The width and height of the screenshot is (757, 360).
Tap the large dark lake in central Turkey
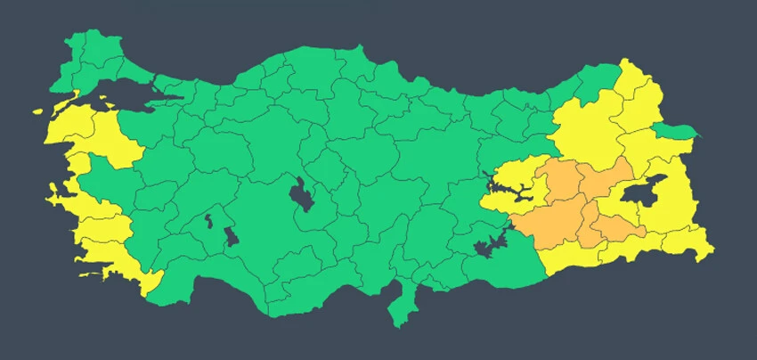pyautogui.click(x=301, y=195)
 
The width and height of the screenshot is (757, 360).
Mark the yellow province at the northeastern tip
pyautogui.click(x=638, y=89)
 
